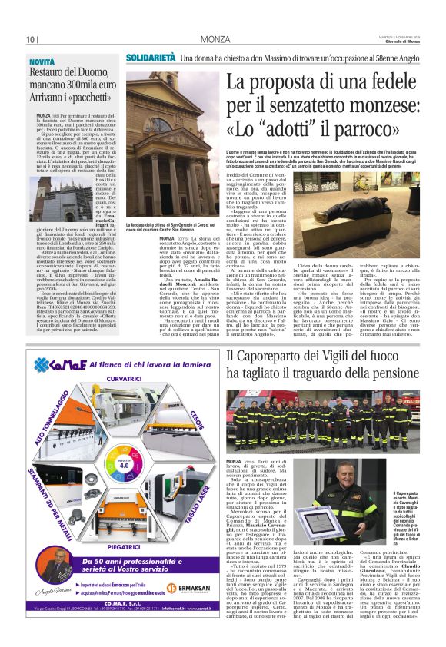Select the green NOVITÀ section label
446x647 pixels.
click(x=42, y=60)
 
